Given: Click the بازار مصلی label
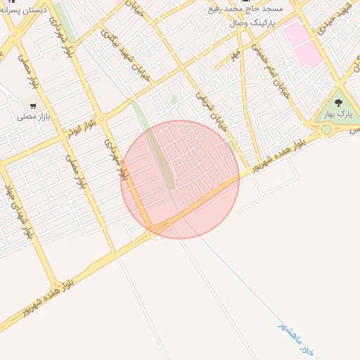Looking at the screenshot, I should tap(32, 117).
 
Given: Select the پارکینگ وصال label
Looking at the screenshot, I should tap(255, 23).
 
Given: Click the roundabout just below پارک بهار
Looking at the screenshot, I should tap(326, 129).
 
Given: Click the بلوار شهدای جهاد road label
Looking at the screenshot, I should tap(20, 212).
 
